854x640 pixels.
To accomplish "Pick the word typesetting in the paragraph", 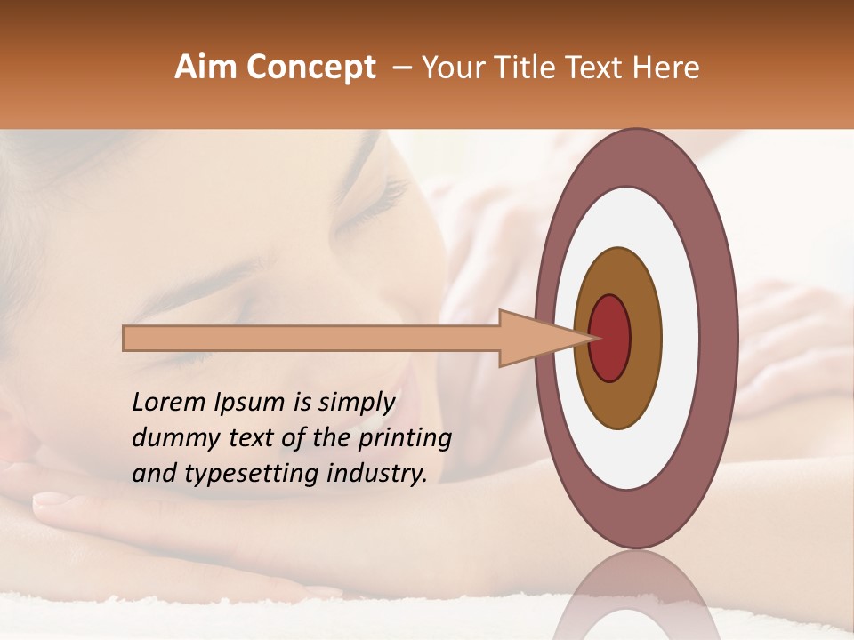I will tap(235, 475).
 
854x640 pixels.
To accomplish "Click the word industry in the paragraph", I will tap(378, 474).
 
